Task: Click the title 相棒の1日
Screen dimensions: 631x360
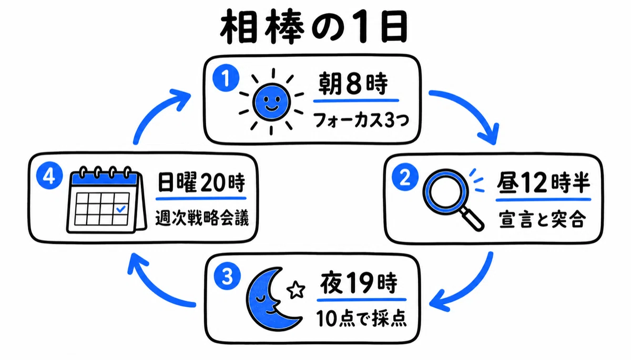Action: click(x=314, y=27)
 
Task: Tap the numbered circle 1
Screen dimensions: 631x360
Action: click(x=226, y=78)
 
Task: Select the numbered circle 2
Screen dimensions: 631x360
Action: click(x=405, y=177)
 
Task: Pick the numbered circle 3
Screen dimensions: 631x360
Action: click(x=227, y=276)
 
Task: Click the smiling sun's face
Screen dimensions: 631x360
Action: click(x=271, y=102)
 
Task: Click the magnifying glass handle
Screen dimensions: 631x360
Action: click(x=473, y=220)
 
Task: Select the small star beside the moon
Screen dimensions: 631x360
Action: click(x=296, y=290)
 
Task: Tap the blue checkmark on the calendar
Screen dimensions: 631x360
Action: click(x=121, y=209)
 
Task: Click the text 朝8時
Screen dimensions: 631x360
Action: click(x=353, y=84)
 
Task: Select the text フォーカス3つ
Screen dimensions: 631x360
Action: click(x=361, y=120)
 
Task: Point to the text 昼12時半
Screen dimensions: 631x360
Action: click(x=543, y=182)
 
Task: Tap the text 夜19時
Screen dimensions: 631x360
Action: click(x=359, y=283)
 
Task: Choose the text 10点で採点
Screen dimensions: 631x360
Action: click(x=361, y=318)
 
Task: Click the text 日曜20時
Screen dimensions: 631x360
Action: click(x=201, y=182)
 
